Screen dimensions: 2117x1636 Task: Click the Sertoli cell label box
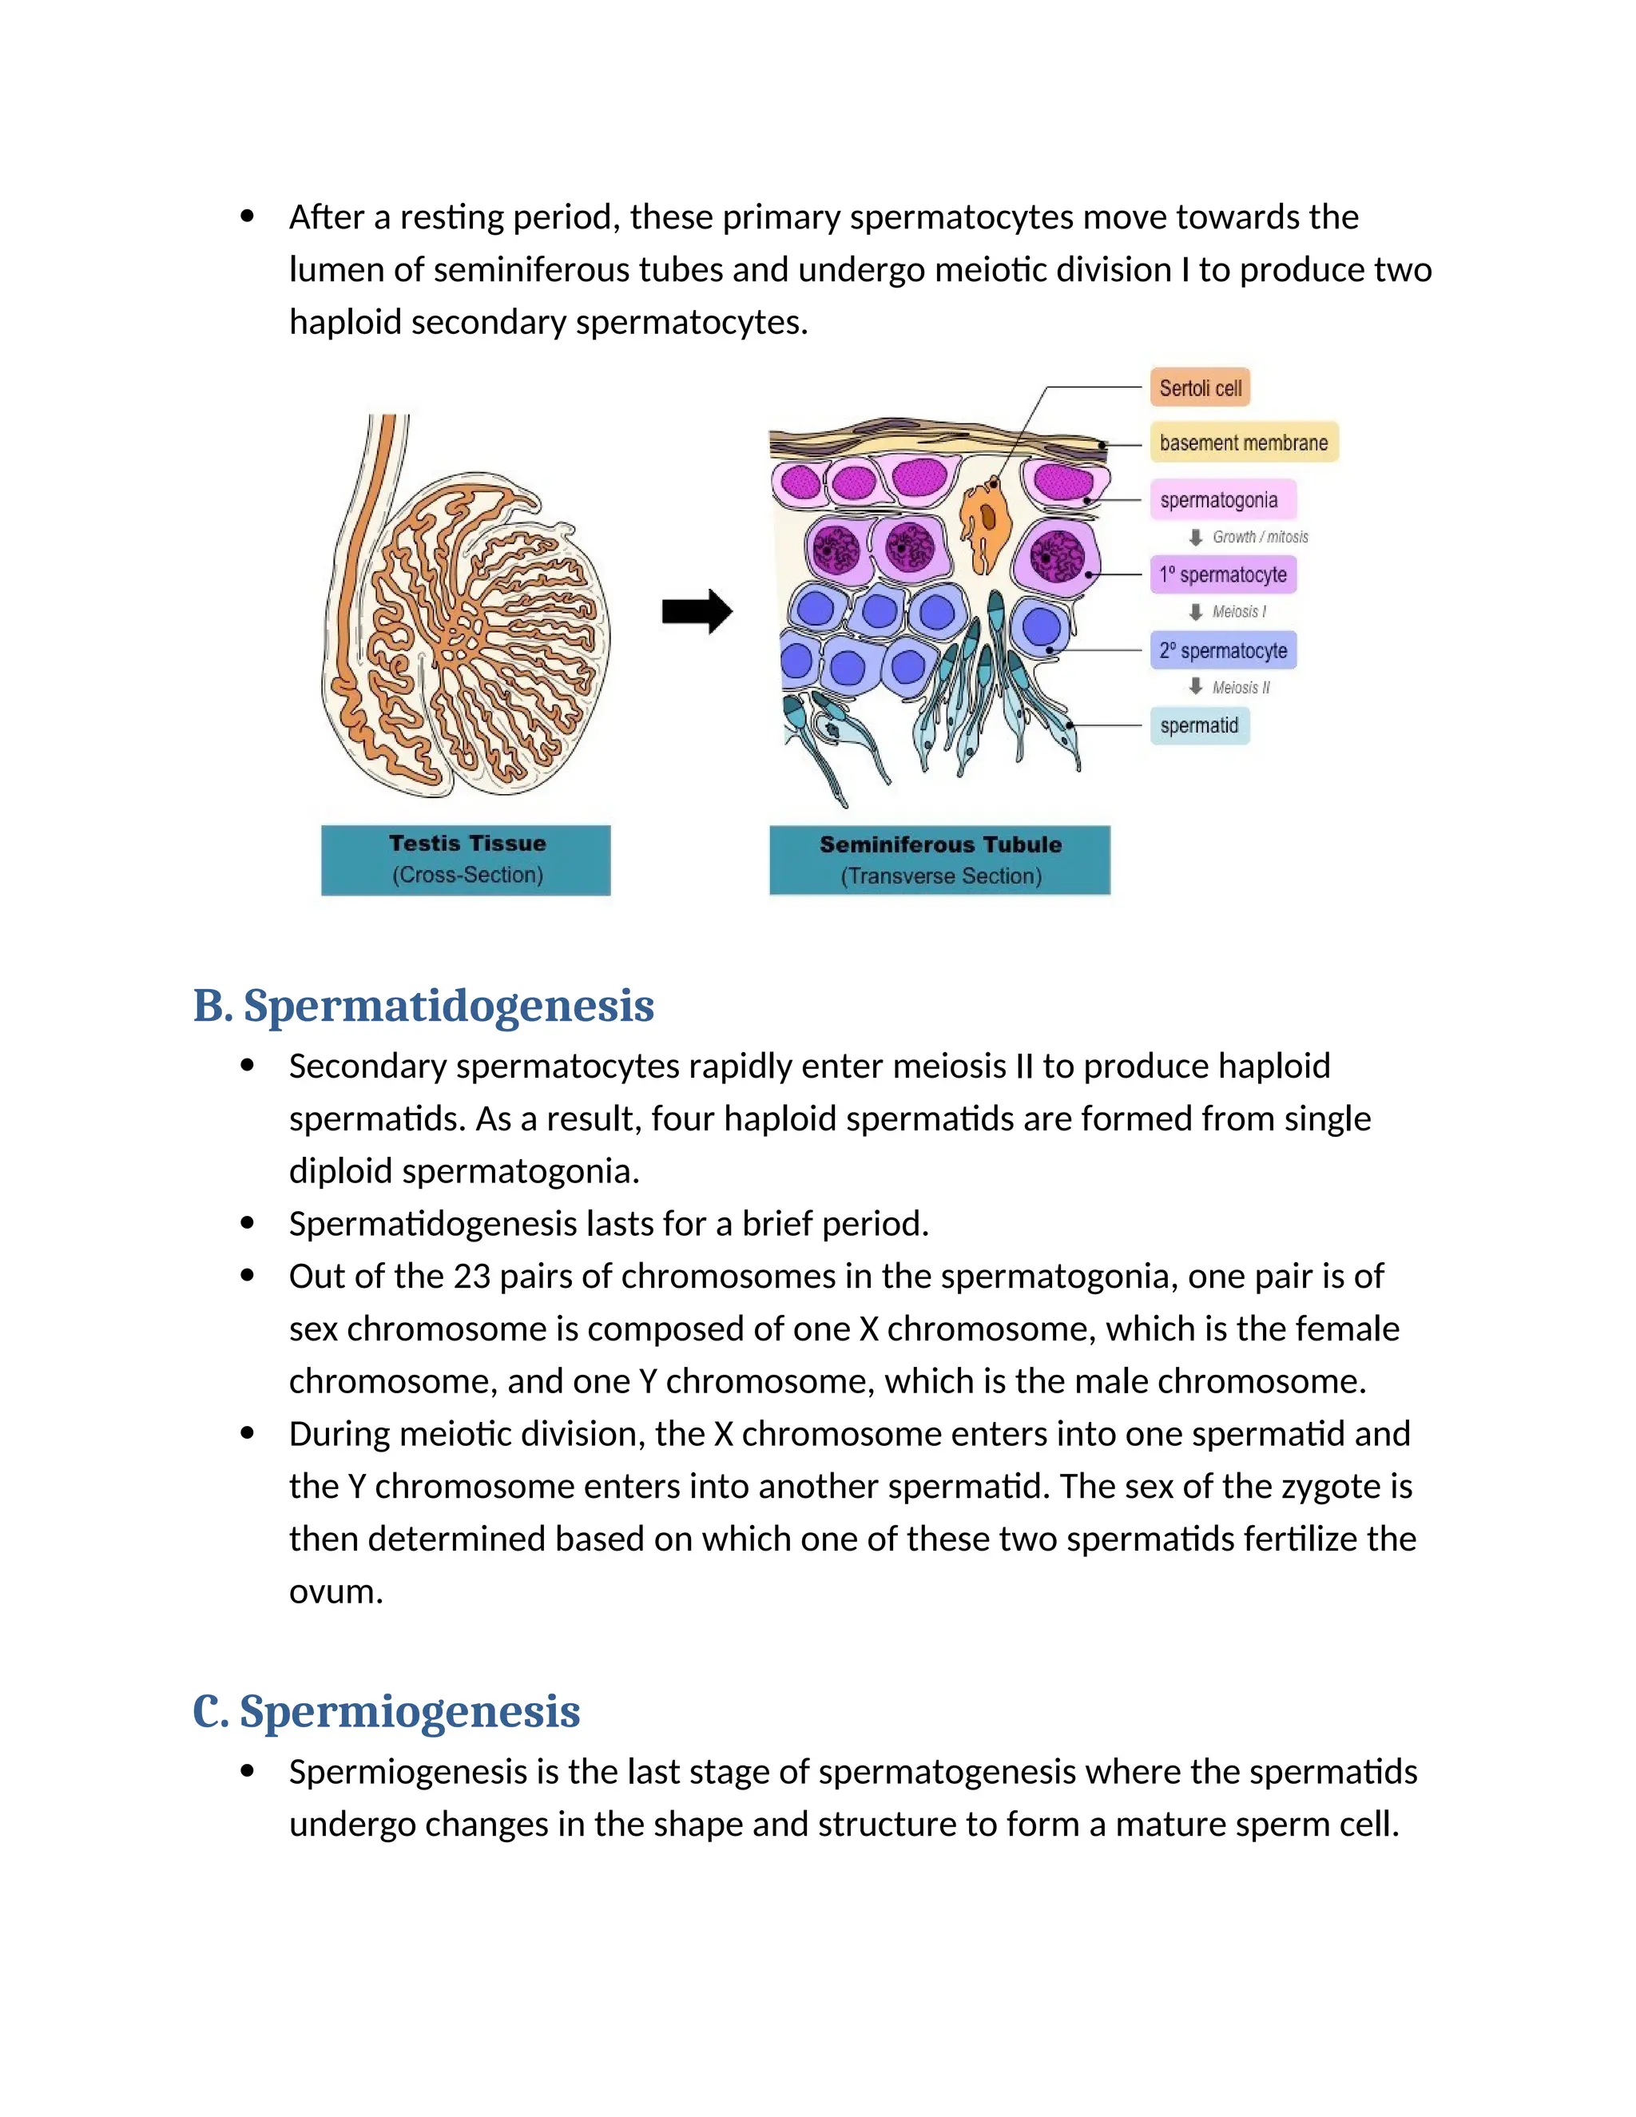tap(1199, 387)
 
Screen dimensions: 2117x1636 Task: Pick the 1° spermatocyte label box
tap(1223, 575)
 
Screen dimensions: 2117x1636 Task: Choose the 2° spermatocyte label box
tap(1223, 650)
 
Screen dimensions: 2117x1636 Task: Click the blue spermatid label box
tap(1199, 725)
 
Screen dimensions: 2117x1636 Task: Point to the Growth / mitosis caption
tap(1259, 537)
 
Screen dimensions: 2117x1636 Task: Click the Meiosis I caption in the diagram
tap(1237, 612)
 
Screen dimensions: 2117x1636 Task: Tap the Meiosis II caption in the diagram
tap(1240, 687)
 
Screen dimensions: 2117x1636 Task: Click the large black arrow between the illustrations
tap(697, 612)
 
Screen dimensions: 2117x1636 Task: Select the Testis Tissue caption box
tap(467, 860)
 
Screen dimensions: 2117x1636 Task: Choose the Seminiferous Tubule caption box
tap(939, 860)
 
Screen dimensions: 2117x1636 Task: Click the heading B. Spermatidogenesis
tap(423, 1005)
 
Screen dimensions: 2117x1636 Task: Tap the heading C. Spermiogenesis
tap(386, 1711)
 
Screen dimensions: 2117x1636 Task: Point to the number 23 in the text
tap(472, 1277)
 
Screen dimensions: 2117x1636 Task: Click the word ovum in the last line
tap(336, 1591)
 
